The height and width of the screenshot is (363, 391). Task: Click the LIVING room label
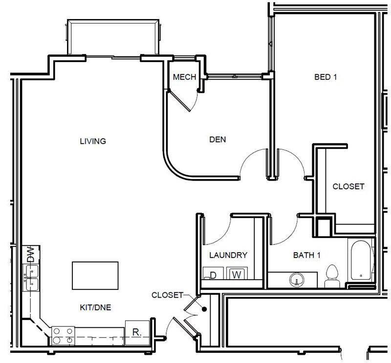coord(93,141)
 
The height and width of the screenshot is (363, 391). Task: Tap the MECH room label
coord(184,77)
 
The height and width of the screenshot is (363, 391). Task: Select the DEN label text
coord(217,140)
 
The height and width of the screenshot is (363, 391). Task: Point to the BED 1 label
coord(326,77)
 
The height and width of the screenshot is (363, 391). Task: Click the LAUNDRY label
coord(228,255)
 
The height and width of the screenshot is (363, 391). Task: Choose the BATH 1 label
coord(306,255)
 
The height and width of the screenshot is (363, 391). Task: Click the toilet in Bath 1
coord(332,277)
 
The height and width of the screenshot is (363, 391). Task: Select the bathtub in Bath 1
coord(361,261)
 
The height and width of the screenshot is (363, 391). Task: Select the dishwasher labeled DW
coord(30,254)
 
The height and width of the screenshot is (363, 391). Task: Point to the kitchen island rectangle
coord(95,276)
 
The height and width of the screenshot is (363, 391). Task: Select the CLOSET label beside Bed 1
coord(348,186)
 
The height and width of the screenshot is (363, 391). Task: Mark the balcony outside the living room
coord(113,38)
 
